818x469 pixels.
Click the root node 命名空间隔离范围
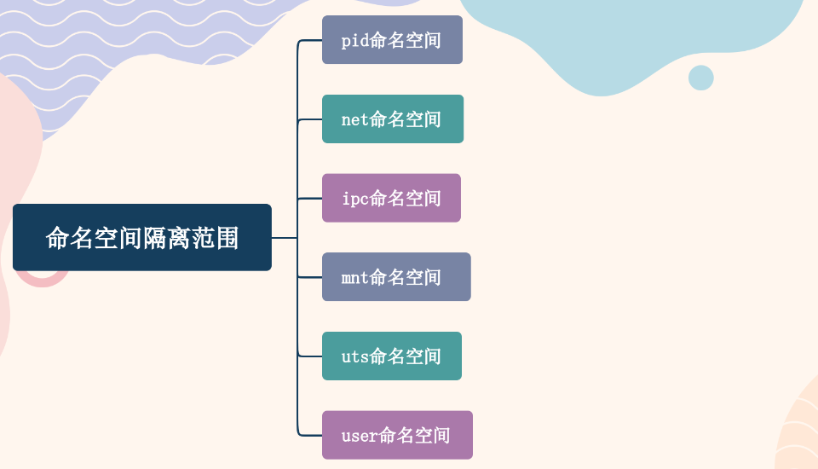142,237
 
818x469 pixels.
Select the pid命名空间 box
392,40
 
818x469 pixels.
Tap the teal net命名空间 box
393,119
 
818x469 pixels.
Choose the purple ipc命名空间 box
391,198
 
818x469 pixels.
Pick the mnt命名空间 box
396,277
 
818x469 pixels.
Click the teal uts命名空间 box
392,356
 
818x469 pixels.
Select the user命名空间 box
397,435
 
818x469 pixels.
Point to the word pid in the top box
354,41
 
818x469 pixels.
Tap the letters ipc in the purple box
354,199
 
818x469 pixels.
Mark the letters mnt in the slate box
354,278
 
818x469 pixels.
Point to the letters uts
354,356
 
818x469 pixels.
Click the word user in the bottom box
359,436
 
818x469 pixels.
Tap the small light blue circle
700,78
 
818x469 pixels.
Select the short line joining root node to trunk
284,238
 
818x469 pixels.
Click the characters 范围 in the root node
215,238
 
